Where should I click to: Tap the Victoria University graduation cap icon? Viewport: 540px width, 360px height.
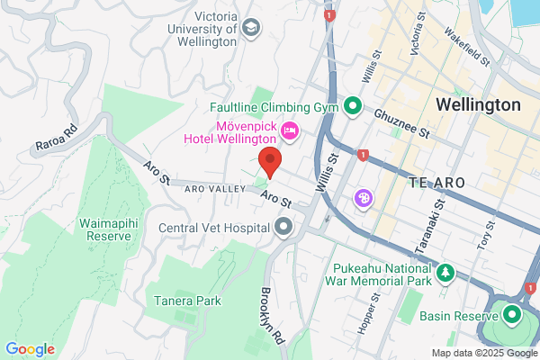tap(251, 29)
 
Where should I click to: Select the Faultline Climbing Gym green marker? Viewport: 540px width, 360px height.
tap(353, 106)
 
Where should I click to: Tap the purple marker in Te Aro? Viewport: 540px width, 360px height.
tap(364, 197)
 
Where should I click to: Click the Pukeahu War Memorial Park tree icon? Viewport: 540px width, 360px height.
tap(444, 272)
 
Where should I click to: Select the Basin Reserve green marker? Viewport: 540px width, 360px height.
tap(513, 316)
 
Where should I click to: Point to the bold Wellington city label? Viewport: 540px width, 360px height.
tap(478, 104)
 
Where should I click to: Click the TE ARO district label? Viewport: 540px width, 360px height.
tap(436, 182)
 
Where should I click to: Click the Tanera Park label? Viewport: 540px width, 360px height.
tap(186, 301)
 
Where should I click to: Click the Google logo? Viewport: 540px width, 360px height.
tap(31, 348)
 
